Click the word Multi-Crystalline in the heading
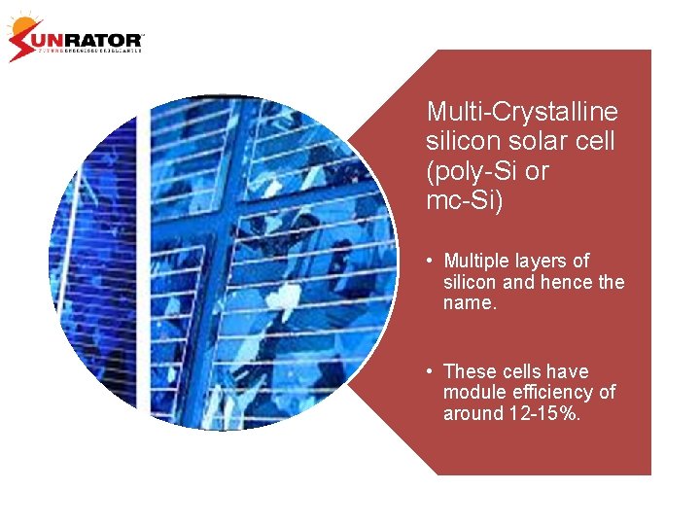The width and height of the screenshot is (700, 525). (x=521, y=111)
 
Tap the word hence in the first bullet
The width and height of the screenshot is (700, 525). (x=562, y=283)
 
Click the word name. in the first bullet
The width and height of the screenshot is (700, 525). (x=470, y=303)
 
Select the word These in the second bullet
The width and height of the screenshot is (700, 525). (x=469, y=371)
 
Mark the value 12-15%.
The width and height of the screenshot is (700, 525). (x=546, y=413)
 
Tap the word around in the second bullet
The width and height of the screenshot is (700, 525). (x=471, y=413)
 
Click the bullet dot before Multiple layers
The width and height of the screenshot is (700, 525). (x=429, y=262)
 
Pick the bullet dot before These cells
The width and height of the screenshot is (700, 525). (x=429, y=371)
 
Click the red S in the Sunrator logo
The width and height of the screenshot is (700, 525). (x=23, y=42)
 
